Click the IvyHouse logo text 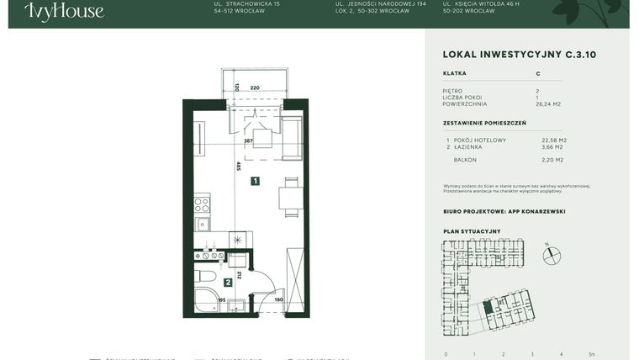click(64, 11)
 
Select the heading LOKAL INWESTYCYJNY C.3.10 click(519, 55)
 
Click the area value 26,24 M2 click(547, 104)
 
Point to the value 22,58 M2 click(554, 140)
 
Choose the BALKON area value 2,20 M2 click(552, 159)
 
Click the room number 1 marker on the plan click(255, 180)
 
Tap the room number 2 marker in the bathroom click(228, 283)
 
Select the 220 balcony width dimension click(255, 87)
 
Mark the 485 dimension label click(239, 167)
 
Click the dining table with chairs click(291, 197)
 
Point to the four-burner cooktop click(202, 204)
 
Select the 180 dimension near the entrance click(278, 299)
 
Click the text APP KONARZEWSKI click(536, 211)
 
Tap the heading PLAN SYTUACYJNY click(472, 231)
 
